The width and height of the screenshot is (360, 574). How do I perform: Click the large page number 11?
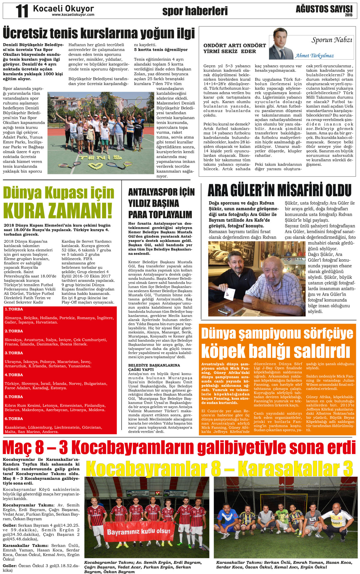[22, 11]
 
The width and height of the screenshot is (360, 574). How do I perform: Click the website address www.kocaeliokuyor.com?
[73, 15]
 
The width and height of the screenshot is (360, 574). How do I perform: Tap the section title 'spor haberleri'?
[195, 11]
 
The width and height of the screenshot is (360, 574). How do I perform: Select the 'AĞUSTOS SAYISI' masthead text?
[324, 9]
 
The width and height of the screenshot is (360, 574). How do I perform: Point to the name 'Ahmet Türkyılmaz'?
[314, 56]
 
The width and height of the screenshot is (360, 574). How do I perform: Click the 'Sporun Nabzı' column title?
[331, 40]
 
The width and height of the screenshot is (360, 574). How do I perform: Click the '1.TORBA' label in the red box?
[14, 309]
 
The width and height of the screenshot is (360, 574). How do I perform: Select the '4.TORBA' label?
[14, 375]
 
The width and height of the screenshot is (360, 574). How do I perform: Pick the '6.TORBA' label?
[14, 419]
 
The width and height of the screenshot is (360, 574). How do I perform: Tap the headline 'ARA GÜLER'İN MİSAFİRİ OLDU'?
[279, 190]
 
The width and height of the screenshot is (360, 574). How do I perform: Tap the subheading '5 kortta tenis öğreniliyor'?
[161, 50]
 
